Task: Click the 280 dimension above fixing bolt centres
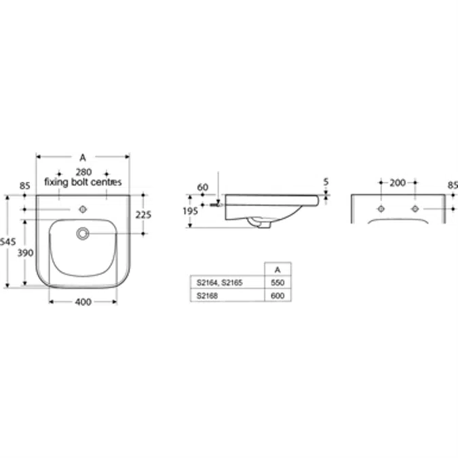[x=84, y=172]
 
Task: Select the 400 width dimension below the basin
[x=83, y=302]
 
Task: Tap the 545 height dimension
[x=7, y=242]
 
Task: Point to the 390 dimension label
[x=25, y=252]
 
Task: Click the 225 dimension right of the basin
[x=143, y=215]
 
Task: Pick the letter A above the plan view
[x=83, y=157]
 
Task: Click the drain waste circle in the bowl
[x=83, y=233]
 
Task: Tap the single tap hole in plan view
[x=83, y=210]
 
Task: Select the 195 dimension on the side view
[x=191, y=211]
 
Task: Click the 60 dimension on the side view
[x=203, y=187]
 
